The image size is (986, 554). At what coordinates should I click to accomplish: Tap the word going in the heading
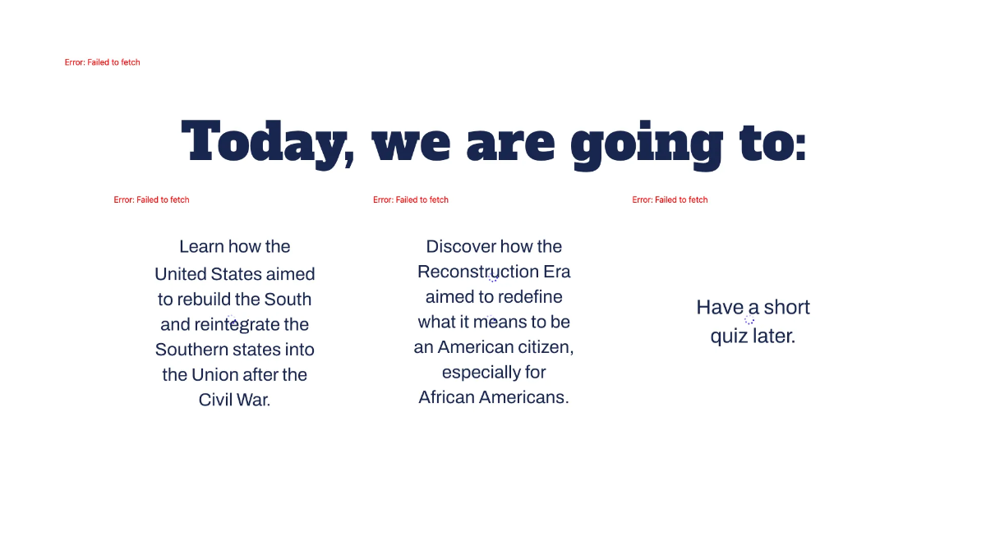tap(646, 144)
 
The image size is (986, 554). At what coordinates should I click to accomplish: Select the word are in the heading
tap(510, 144)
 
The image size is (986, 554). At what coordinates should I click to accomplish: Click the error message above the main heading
tap(102, 62)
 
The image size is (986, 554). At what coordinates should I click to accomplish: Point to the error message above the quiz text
tap(670, 199)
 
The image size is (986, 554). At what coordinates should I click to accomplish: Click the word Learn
tap(200, 246)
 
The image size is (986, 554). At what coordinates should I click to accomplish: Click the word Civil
tap(216, 401)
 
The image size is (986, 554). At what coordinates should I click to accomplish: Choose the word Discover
tap(461, 246)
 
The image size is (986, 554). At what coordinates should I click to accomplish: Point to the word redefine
tap(530, 297)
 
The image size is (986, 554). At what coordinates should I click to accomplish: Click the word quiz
tap(729, 337)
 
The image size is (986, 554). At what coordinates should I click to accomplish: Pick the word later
tap(774, 336)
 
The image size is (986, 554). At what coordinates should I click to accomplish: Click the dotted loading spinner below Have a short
tap(749, 320)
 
